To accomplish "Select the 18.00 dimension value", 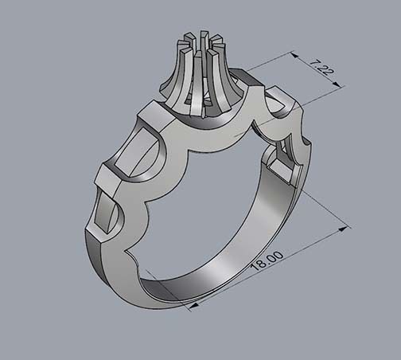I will [266, 262].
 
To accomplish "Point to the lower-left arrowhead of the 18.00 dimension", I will [193, 304].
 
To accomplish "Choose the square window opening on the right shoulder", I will [280, 166].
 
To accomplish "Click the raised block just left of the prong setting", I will [153, 120].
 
